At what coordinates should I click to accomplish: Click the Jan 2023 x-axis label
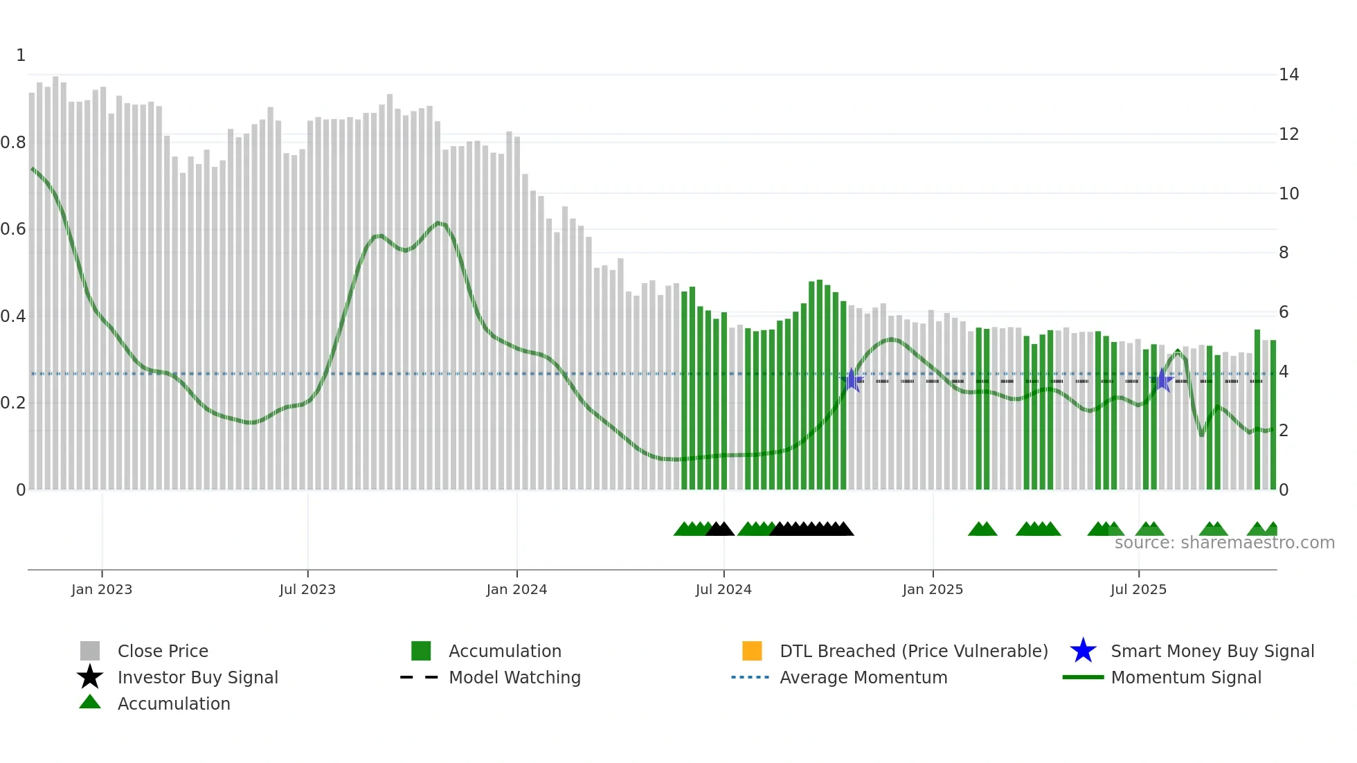tap(101, 589)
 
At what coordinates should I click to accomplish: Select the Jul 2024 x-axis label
tap(723, 589)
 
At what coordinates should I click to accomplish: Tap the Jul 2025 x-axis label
tap(1138, 589)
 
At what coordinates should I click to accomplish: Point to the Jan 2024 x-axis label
tap(516, 589)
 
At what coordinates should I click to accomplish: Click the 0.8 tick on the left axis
tap(13, 143)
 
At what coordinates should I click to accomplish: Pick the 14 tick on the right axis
tap(1288, 75)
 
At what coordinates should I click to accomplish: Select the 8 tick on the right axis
tap(1284, 253)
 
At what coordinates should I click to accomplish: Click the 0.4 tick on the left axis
tap(13, 316)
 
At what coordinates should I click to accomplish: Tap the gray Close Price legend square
tap(90, 651)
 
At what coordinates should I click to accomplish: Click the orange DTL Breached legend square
tap(752, 651)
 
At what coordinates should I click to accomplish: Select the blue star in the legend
tap(1083, 651)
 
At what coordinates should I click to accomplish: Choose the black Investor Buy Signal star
tap(90, 677)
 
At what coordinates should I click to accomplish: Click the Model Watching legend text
tap(514, 677)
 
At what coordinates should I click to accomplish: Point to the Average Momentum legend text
tap(863, 677)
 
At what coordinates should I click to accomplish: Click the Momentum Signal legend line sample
tap(1083, 677)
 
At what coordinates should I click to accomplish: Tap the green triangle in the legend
tap(90, 702)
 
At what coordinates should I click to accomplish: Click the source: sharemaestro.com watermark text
tap(1224, 543)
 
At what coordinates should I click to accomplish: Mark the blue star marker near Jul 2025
tap(1163, 380)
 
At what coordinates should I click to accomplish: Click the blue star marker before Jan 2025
tap(852, 380)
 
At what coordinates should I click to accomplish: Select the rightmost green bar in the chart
tap(1273, 415)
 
